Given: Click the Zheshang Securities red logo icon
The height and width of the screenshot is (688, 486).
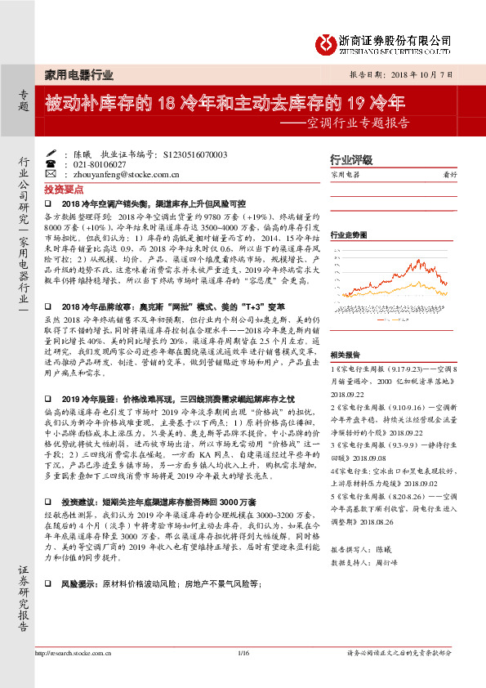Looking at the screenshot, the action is pos(328,41).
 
